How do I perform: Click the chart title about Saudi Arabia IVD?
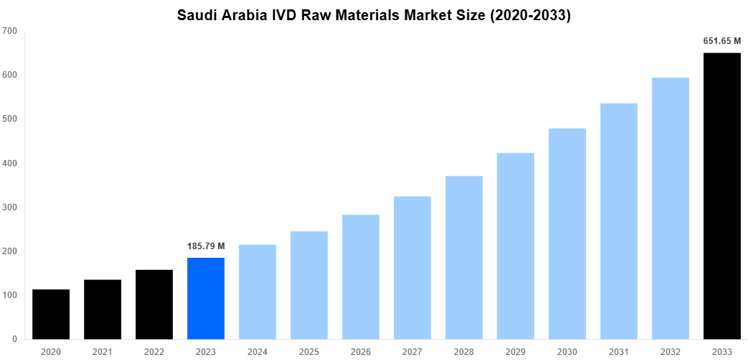click(x=374, y=15)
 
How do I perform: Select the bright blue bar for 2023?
click(x=206, y=298)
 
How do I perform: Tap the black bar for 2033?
click(x=722, y=196)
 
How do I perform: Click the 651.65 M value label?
click(x=722, y=41)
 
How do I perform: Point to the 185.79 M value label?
click(x=206, y=246)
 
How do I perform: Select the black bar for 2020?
click(x=51, y=314)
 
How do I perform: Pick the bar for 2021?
click(x=102, y=309)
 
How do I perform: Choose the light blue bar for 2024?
click(x=258, y=292)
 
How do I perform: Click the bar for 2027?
click(x=413, y=267)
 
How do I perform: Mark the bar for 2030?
click(x=567, y=233)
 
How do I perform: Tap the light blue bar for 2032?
click(x=670, y=208)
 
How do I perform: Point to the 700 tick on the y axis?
click(x=10, y=31)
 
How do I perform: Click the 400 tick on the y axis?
click(x=10, y=163)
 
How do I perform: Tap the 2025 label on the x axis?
click(x=309, y=351)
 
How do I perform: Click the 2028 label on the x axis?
click(x=464, y=351)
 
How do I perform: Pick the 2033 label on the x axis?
click(x=722, y=351)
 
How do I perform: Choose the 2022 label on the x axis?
click(x=154, y=351)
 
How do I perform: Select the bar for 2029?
click(x=515, y=246)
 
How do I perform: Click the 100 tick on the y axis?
click(x=10, y=295)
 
